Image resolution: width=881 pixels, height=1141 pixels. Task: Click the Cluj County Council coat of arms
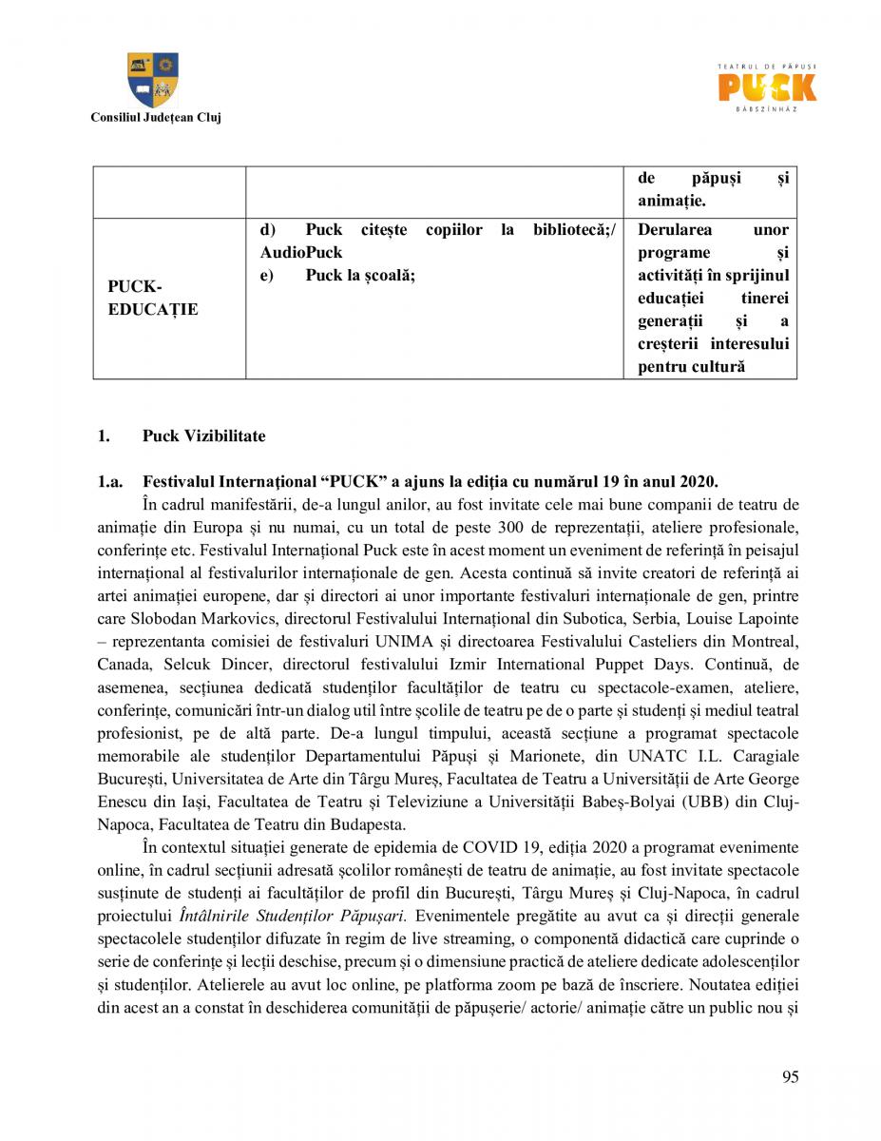153,80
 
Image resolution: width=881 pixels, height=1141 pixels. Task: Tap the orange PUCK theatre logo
766,87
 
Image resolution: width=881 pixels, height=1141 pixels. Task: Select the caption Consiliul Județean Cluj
155,118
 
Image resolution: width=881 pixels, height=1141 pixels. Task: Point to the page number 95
790,1076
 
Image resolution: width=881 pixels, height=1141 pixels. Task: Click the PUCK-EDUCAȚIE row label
152,299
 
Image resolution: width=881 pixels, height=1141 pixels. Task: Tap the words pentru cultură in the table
691,366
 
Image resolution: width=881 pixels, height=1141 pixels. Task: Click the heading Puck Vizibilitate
204,436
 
